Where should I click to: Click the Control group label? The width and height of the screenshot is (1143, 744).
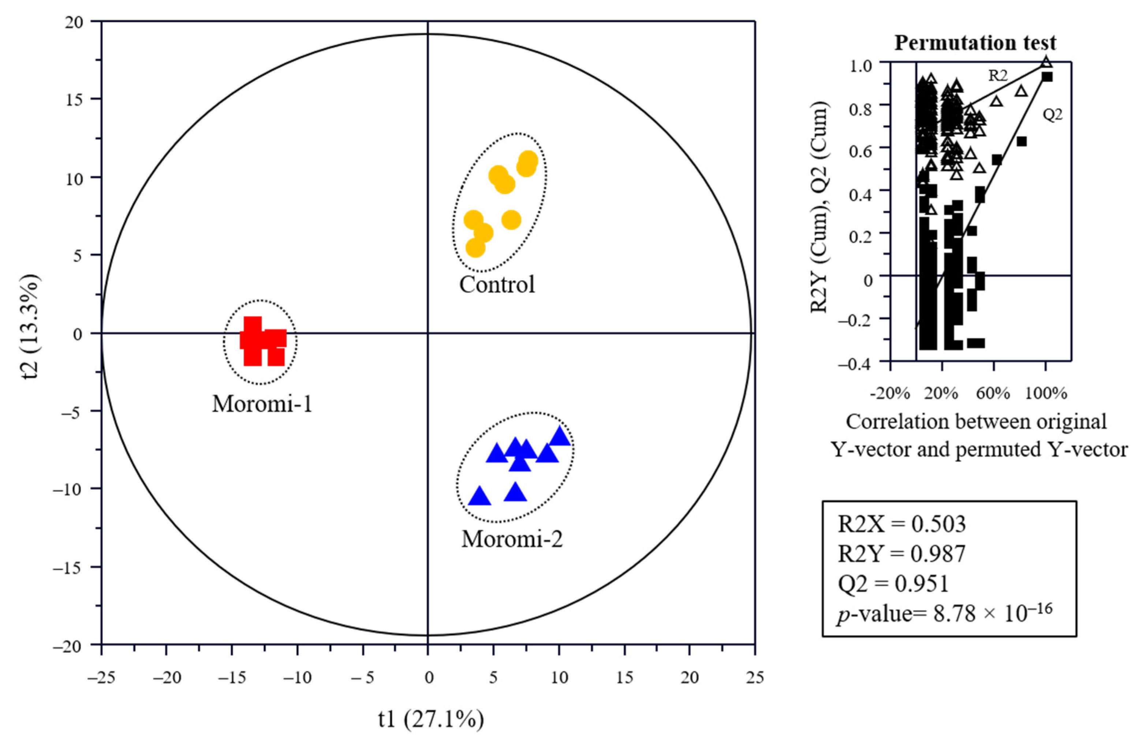pyautogui.click(x=497, y=284)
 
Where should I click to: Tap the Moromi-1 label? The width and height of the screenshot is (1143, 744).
pyautogui.click(x=262, y=404)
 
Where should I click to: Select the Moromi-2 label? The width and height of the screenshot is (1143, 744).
pyautogui.click(x=512, y=539)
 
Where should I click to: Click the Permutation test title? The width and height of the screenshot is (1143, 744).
pyautogui.click(x=975, y=43)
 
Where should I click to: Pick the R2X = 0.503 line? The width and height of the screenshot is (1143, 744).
pyautogui.click(x=901, y=524)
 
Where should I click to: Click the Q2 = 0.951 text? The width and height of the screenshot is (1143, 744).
pyautogui.click(x=893, y=584)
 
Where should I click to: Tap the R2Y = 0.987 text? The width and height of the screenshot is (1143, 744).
pyautogui.click(x=901, y=554)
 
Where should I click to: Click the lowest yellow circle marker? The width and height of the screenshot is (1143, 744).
pyautogui.click(x=475, y=248)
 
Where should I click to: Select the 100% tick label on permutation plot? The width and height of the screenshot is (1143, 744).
pyautogui.click(x=1046, y=394)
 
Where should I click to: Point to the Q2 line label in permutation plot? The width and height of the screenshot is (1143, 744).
pyautogui.click(x=1053, y=115)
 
